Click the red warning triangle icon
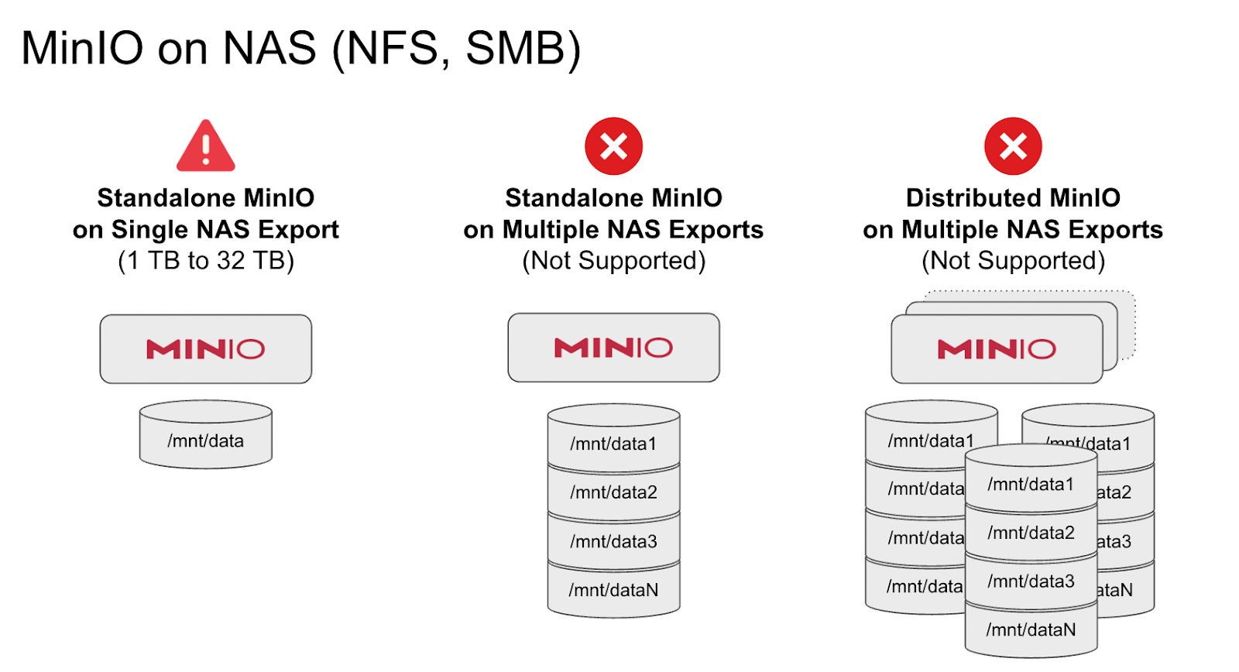point(205,147)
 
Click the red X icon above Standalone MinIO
point(613,146)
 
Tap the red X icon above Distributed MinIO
point(1013,146)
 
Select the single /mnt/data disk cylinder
point(205,436)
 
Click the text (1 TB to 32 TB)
point(205,261)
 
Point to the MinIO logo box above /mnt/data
point(205,349)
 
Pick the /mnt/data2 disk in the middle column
point(613,492)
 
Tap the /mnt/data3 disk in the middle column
point(613,540)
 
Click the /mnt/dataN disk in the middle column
point(613,590)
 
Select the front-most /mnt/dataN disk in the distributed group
point(1031,630)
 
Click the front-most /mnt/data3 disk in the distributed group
point(1031,581)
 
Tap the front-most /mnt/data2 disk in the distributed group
point(1031,533)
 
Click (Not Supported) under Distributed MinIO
point(1013,261)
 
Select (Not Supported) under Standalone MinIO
point(613,261)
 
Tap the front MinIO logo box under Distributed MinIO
point(997,349)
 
